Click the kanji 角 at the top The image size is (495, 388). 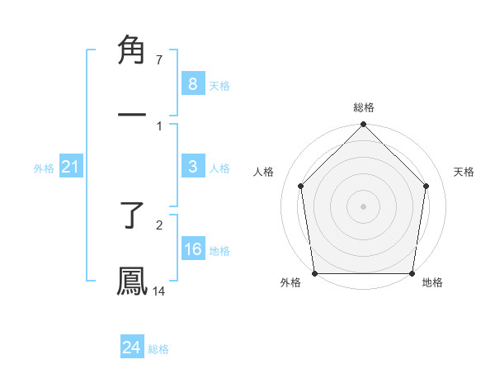[x=132, y=51]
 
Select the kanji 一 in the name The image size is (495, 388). [x=132, y=113]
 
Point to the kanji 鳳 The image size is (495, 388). [x=132, y=280]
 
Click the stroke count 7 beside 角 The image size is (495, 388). [x=159, y=60]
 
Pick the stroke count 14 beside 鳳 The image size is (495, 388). [x=159, y=291]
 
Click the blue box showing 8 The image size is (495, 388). [x=192, y=84]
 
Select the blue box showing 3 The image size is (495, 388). [x=192, y=167]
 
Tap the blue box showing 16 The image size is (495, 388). [x=192, y=250]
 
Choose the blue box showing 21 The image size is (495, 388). [x=70, y=168]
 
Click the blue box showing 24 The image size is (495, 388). [x=131, y=348]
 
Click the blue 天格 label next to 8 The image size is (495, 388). [x=219, y=86]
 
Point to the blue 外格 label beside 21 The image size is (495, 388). [x=44, y=168]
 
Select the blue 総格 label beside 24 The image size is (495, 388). [x=158, y=349]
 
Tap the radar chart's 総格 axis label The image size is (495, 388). [x=364, y=107]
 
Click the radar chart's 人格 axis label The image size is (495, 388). [x=265, y=172]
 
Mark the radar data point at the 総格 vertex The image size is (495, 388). [x=363, y=125]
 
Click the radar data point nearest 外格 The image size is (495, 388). [x=315, y=273]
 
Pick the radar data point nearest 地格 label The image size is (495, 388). [x=412, y=273]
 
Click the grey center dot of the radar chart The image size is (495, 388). [x=363, y=206]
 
